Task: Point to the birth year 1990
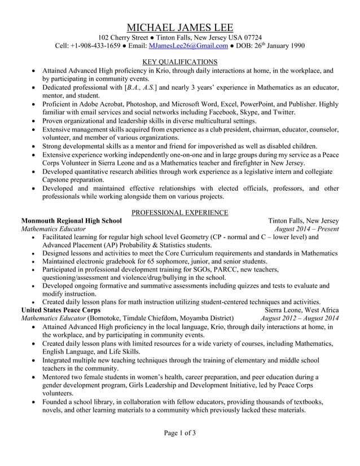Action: tap(295, 46)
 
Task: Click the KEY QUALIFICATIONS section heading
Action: tap(179, 61)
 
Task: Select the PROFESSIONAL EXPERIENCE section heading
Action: tap(179, 212)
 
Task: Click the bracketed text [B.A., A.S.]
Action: tap(141, 87)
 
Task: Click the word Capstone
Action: tap(60, 179)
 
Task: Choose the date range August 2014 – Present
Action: tap(306, 229)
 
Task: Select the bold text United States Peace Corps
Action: tap(60, 310)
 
